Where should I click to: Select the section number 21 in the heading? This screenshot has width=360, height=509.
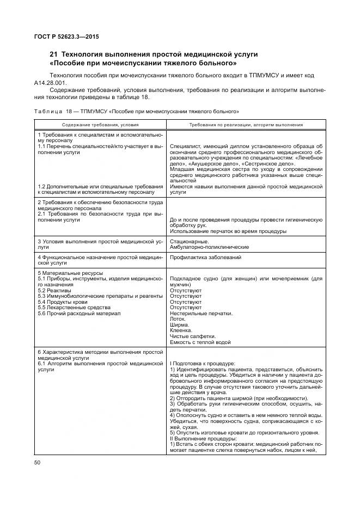(x=53, y=54)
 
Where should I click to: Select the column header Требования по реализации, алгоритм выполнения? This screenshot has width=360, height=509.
(x=246, y=125)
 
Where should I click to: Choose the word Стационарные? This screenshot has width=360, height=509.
(x=189, y=241)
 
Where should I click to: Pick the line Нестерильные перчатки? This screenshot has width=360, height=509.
(x=202, y=313)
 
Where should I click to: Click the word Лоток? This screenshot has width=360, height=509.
(x=179, y=319)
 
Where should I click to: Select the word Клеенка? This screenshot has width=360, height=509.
(x=181, y=330)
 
